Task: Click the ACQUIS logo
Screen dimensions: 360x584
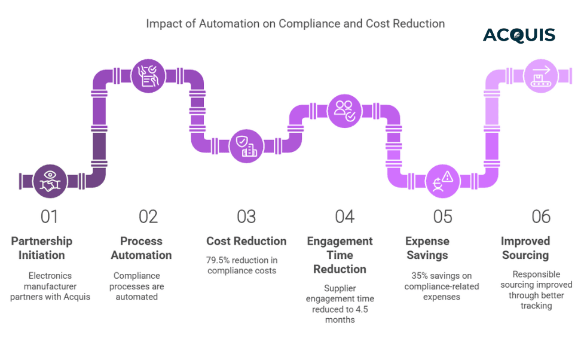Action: [x=519, y=35]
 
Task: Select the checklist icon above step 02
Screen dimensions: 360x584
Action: [x=148, y=76]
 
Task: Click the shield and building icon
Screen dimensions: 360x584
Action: [x=246, y=146]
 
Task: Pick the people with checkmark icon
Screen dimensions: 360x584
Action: [x=344, y=111]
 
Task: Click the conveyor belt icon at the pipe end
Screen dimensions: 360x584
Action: [x=541, y=76]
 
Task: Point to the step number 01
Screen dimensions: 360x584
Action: [x=50, y=216]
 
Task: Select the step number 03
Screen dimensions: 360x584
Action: [x=246, y=216]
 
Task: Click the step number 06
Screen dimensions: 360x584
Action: [x=541, y=216]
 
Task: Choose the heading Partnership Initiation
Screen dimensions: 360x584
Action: [x=41, y=248]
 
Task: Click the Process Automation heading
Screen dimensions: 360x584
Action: [x=141, y=248]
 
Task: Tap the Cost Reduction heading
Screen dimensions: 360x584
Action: [x=246, y=242]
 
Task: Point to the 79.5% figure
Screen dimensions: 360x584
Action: [x=219, y=261]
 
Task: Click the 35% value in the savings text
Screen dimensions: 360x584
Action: [x=421, y=276]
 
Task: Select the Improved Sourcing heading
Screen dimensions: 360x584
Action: [x=525, y=248]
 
